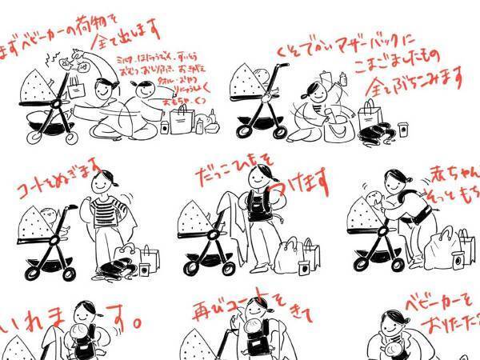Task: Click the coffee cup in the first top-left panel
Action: point(165,126)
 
